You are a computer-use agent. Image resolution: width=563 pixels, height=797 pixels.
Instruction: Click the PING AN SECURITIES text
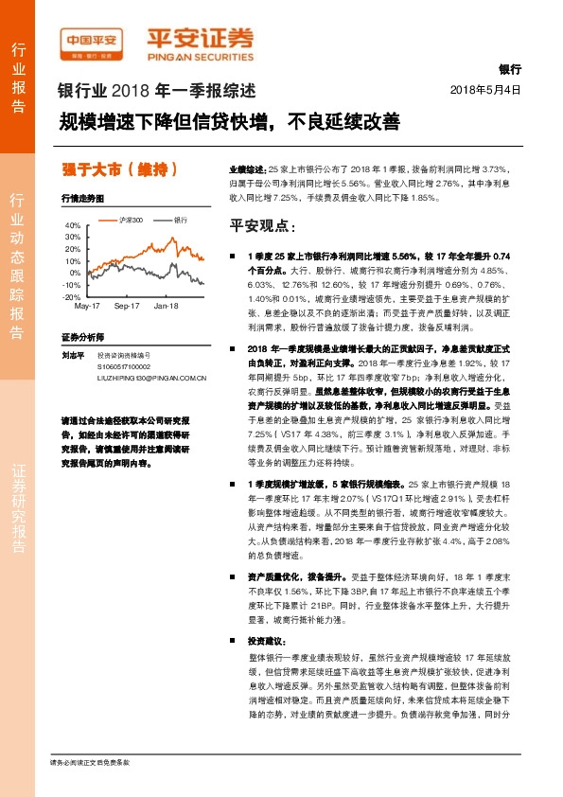(201, 56)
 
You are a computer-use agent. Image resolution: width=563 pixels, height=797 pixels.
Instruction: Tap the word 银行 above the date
(509, 70)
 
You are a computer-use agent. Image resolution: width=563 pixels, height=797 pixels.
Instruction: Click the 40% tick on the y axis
(73, 225)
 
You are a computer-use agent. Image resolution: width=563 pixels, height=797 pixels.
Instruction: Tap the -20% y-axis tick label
(72, 296)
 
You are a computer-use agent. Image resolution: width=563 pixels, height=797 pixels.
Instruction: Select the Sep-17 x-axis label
(126, 306)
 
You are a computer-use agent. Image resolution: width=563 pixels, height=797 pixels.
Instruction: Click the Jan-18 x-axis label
(167, 306)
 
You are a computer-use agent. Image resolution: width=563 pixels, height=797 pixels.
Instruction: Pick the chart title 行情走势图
(80, 200)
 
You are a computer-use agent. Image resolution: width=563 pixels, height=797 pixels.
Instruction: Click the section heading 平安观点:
(263, 227)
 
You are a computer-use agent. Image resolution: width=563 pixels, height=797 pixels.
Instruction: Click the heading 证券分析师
(81, 337)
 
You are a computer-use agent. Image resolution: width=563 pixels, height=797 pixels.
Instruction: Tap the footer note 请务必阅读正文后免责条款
(89, 762)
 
